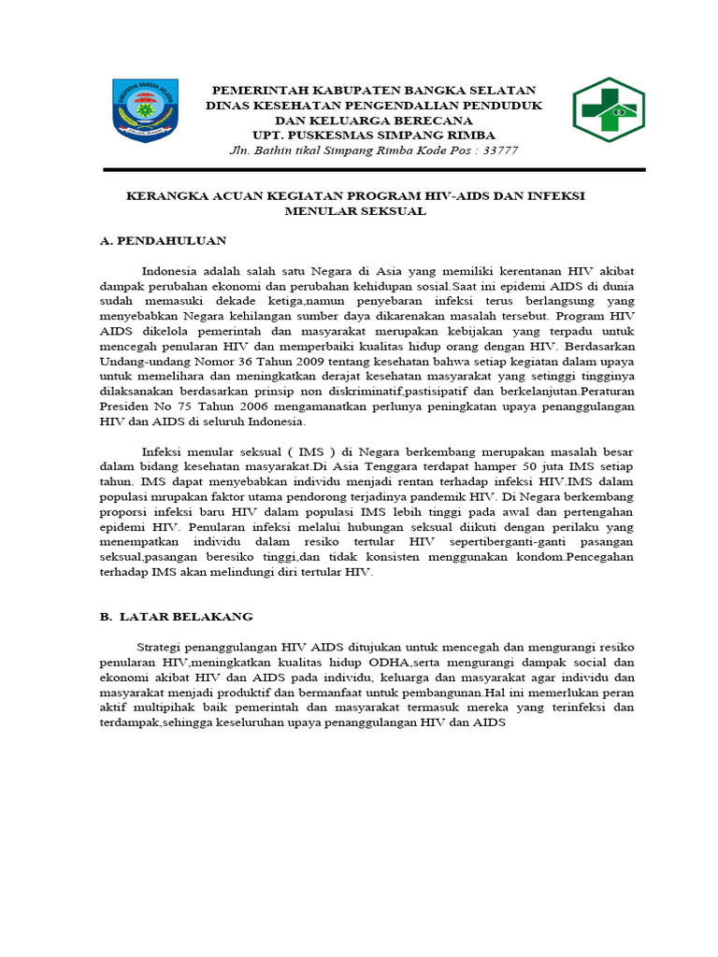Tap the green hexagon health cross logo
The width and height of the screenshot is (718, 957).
pos(609,110)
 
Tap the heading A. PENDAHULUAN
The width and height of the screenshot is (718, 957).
pos(163,240)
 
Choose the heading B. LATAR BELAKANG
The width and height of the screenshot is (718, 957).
pos(176,617)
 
